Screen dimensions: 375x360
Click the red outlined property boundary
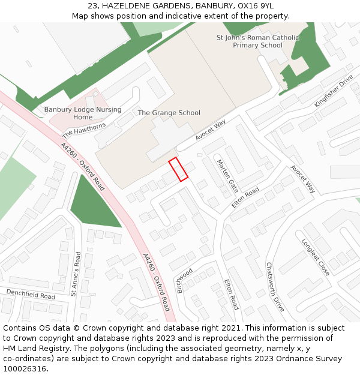pyautogui.click(x=178, y=169)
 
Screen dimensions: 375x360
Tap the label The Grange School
pyautogui.click(x=169, y=113)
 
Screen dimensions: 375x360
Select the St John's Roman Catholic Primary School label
pyautogui.click(x=257, y=41)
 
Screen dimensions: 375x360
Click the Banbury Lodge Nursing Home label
pyautogui.click(x=83, y=113)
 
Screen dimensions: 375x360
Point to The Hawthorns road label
pyautogui.click(x=84, y=130)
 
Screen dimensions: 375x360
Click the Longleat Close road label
pyautogui.click(x=316, y=257)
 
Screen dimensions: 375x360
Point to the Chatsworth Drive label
pyautogui.click(x=275, y=287)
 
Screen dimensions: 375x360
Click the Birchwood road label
pyautogui.click(x=184, y=280)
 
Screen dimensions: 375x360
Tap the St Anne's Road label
pyautogui.click(x=76, y=274)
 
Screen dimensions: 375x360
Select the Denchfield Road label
pyautogui.click(x=31, y=294)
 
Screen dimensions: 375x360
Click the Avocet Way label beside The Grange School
pyautogui.click(x=210, y=130)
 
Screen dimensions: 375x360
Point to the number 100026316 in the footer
pyautogui.click(x=25, y=368)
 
